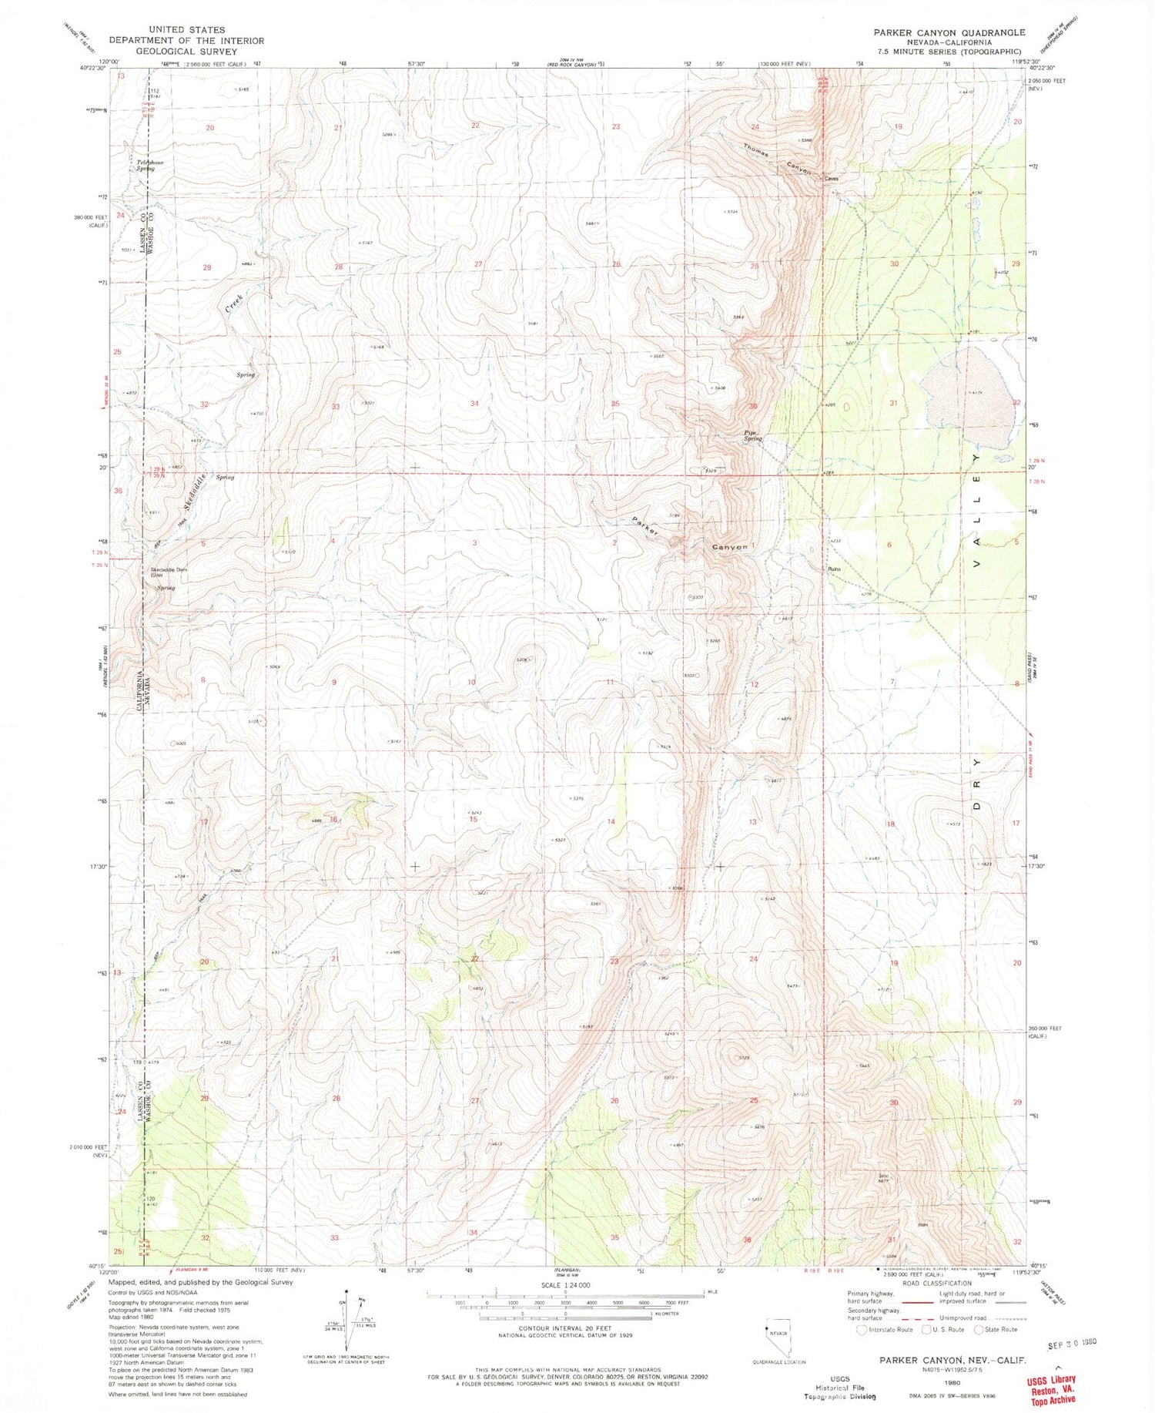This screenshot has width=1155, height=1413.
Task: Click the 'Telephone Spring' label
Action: click(x=150, y=165)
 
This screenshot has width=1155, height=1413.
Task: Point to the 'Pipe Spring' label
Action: click(x=752, y=435)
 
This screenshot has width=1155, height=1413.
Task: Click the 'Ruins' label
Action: click(x=835, y=569)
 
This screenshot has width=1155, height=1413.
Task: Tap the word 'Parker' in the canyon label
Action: click(x=646, y=527)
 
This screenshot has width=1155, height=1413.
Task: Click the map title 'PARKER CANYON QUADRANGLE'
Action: click(x=949, y=32)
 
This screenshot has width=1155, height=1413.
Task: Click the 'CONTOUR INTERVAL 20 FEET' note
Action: click(x=566, y=1327)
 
